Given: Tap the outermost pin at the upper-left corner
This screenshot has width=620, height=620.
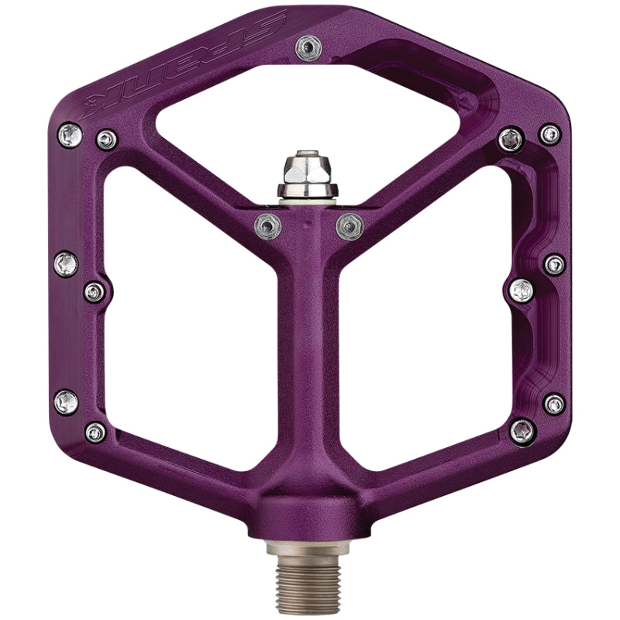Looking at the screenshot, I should pos(68,133).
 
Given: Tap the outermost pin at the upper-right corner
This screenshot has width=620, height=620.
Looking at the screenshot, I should pos(551,134).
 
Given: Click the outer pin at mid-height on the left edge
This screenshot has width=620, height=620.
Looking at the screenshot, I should pos(66,264).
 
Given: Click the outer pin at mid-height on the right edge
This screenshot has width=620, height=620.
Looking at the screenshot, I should pos(554,264).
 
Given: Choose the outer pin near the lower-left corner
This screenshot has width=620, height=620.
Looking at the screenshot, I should pos(66,401).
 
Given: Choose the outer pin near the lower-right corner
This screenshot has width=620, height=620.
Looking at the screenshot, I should pos(554,403).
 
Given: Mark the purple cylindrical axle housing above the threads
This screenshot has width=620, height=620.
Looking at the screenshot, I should pos(310,511).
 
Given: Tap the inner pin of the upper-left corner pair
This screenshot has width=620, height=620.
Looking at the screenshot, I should pos(106,139).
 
